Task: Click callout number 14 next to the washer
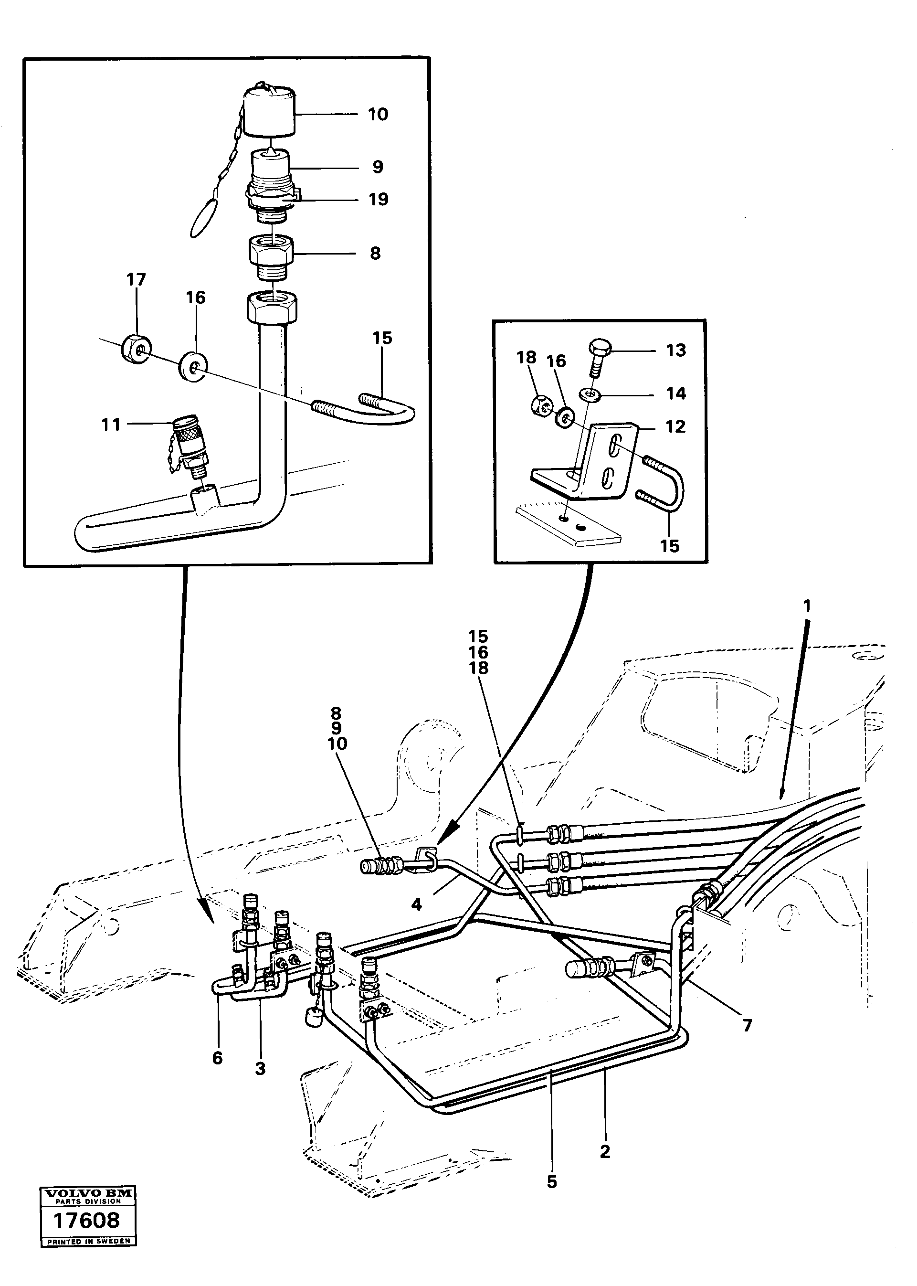pos(676,393)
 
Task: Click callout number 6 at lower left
pos(217,1057)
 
